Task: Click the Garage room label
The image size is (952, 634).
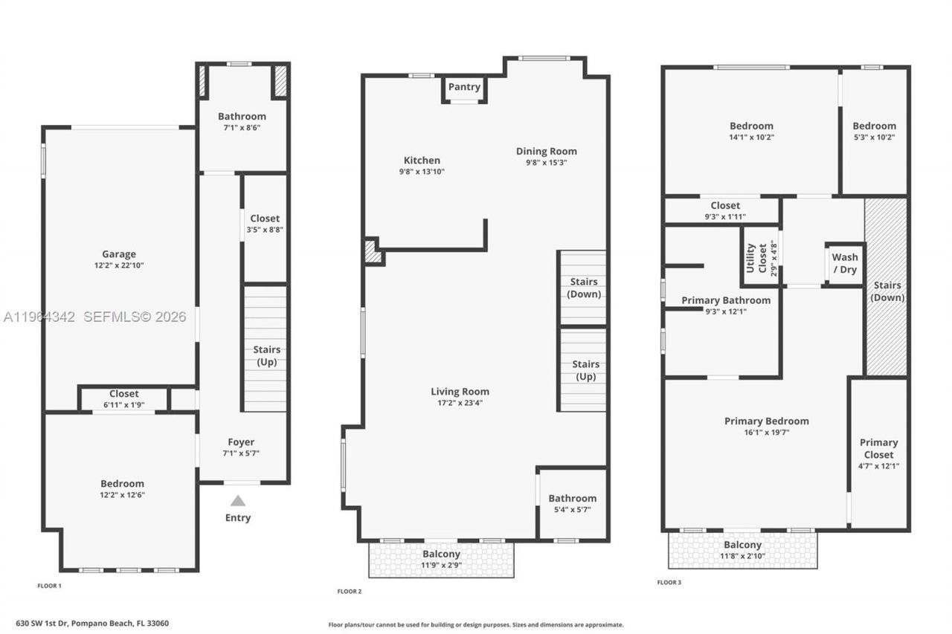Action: [119, 254]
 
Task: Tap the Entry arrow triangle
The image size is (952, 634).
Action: [237, 501]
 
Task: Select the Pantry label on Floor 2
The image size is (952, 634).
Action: [464, 87]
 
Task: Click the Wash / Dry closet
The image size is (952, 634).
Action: [844, 264]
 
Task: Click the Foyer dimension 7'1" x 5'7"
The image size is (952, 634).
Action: [241, 453]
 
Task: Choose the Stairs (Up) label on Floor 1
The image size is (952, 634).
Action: [266, 355]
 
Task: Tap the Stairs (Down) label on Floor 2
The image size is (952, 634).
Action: [584, 288]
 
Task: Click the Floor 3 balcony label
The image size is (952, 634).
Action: [742, 545]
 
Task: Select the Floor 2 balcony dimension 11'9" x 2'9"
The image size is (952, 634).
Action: [441, 565]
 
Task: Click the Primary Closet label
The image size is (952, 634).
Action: [878, 448]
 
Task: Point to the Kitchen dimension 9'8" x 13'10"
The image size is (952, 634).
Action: [422, 172]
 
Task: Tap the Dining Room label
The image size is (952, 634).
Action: [546, 151]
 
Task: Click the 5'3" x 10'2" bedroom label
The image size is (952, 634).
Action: [874, 126]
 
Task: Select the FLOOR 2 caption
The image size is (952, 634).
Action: [349, 592]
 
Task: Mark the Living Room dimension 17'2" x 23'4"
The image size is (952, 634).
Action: [460, 403]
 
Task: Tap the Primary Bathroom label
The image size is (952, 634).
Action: [726, 300]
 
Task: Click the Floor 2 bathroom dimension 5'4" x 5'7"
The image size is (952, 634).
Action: [572, 510]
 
